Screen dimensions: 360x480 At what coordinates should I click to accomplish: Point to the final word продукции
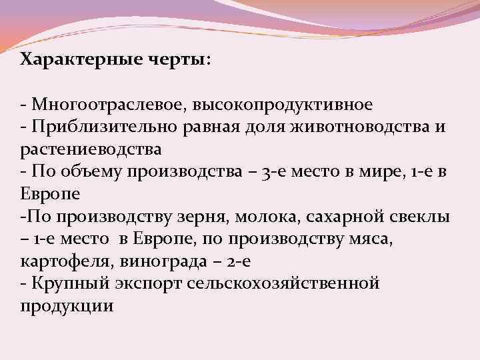tap(67, 306)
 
